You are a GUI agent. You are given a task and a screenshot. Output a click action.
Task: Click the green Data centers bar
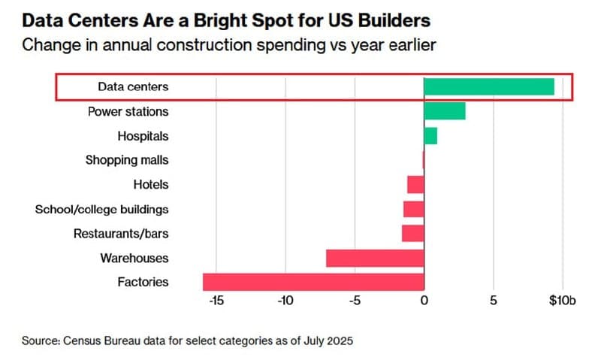click(x=489, y=86)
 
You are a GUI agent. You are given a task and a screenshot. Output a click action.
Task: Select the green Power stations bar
click(x=445, y=111)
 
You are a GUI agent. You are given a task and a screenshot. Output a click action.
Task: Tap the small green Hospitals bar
click(x=430, y=136)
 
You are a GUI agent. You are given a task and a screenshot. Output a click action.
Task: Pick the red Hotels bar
click(x=415, y=184)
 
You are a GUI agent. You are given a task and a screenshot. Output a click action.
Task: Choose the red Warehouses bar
click(x=375, y=258)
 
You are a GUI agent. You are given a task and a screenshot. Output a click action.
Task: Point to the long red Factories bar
click(x=313, y=282)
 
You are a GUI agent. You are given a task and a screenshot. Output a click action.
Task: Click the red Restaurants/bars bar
click(x=413, y=233)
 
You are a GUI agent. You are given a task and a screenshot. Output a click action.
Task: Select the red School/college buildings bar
click(x=414, y=209)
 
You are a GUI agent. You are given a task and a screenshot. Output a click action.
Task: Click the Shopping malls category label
click(x=127, y=160)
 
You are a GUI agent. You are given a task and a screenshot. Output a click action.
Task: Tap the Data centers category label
click(x=134, y=87)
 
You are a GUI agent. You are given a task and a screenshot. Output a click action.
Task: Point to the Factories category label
click(x=143, y=283)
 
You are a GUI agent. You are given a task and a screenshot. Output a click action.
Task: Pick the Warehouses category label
click(x=134, y=258)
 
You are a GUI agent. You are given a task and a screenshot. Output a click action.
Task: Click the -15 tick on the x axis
click(x=216, y=301)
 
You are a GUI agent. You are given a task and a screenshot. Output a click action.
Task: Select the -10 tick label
click(x=285, y=301)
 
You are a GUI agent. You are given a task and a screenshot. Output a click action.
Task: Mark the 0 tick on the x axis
click(x=424, y=301)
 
